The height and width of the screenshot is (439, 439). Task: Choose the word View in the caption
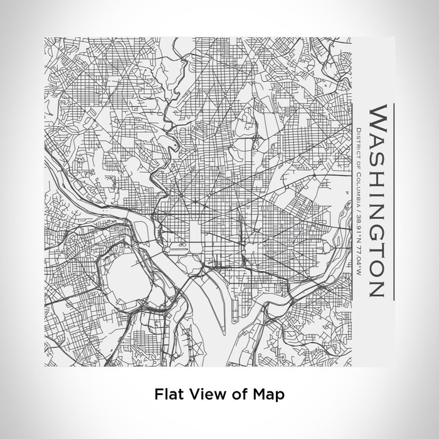(x=203, y=394)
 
